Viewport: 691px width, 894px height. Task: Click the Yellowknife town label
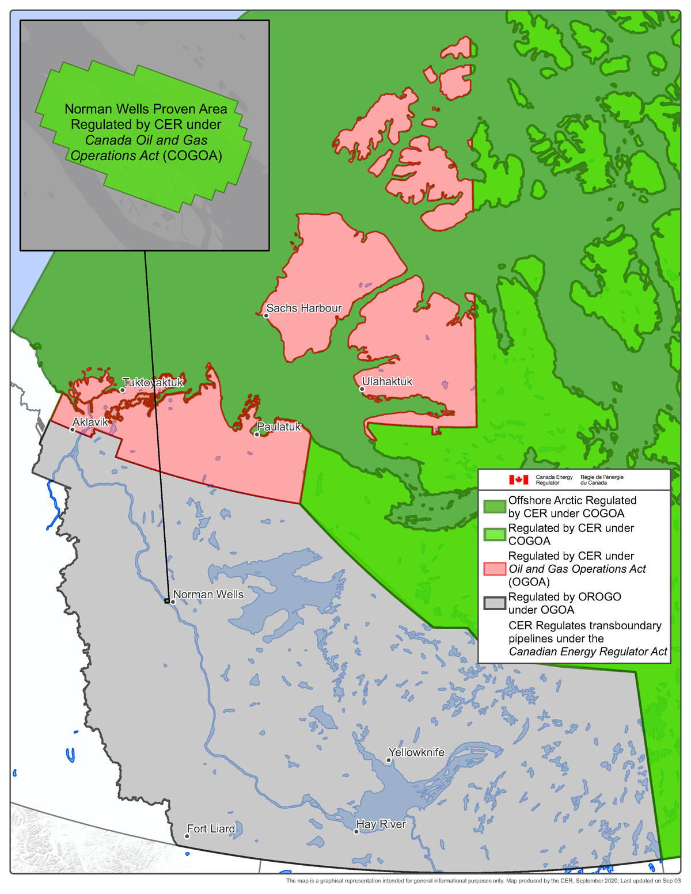[416, 752]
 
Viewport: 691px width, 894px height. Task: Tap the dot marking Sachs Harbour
[266, 315]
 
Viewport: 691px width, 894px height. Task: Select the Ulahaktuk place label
[387, 382]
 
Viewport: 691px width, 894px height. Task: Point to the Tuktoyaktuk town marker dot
[122, 390]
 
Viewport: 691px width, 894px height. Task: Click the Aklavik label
[90, 423]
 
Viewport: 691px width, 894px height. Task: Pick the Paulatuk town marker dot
[257, 434]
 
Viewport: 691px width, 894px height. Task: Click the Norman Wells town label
[208, 595]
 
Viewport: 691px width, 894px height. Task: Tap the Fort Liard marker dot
[187, 836]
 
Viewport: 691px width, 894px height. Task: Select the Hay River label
[381, 824]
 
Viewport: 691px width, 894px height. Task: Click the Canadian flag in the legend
[518, 480]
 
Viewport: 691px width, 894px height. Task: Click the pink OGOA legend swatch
[494, 569]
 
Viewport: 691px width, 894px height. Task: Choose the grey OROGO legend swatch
[494, 603]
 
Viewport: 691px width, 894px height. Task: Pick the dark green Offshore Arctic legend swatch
[494, 507]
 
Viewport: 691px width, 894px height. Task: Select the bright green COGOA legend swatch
[494, 534]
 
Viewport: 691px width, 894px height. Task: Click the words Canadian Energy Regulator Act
[587, 652]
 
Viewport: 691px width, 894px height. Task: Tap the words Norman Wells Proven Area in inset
[146, 109]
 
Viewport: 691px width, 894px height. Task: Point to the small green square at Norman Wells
[166, 601]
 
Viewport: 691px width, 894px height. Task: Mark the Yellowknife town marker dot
[389, 760]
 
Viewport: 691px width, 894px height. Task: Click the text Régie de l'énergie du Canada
[602, 480]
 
